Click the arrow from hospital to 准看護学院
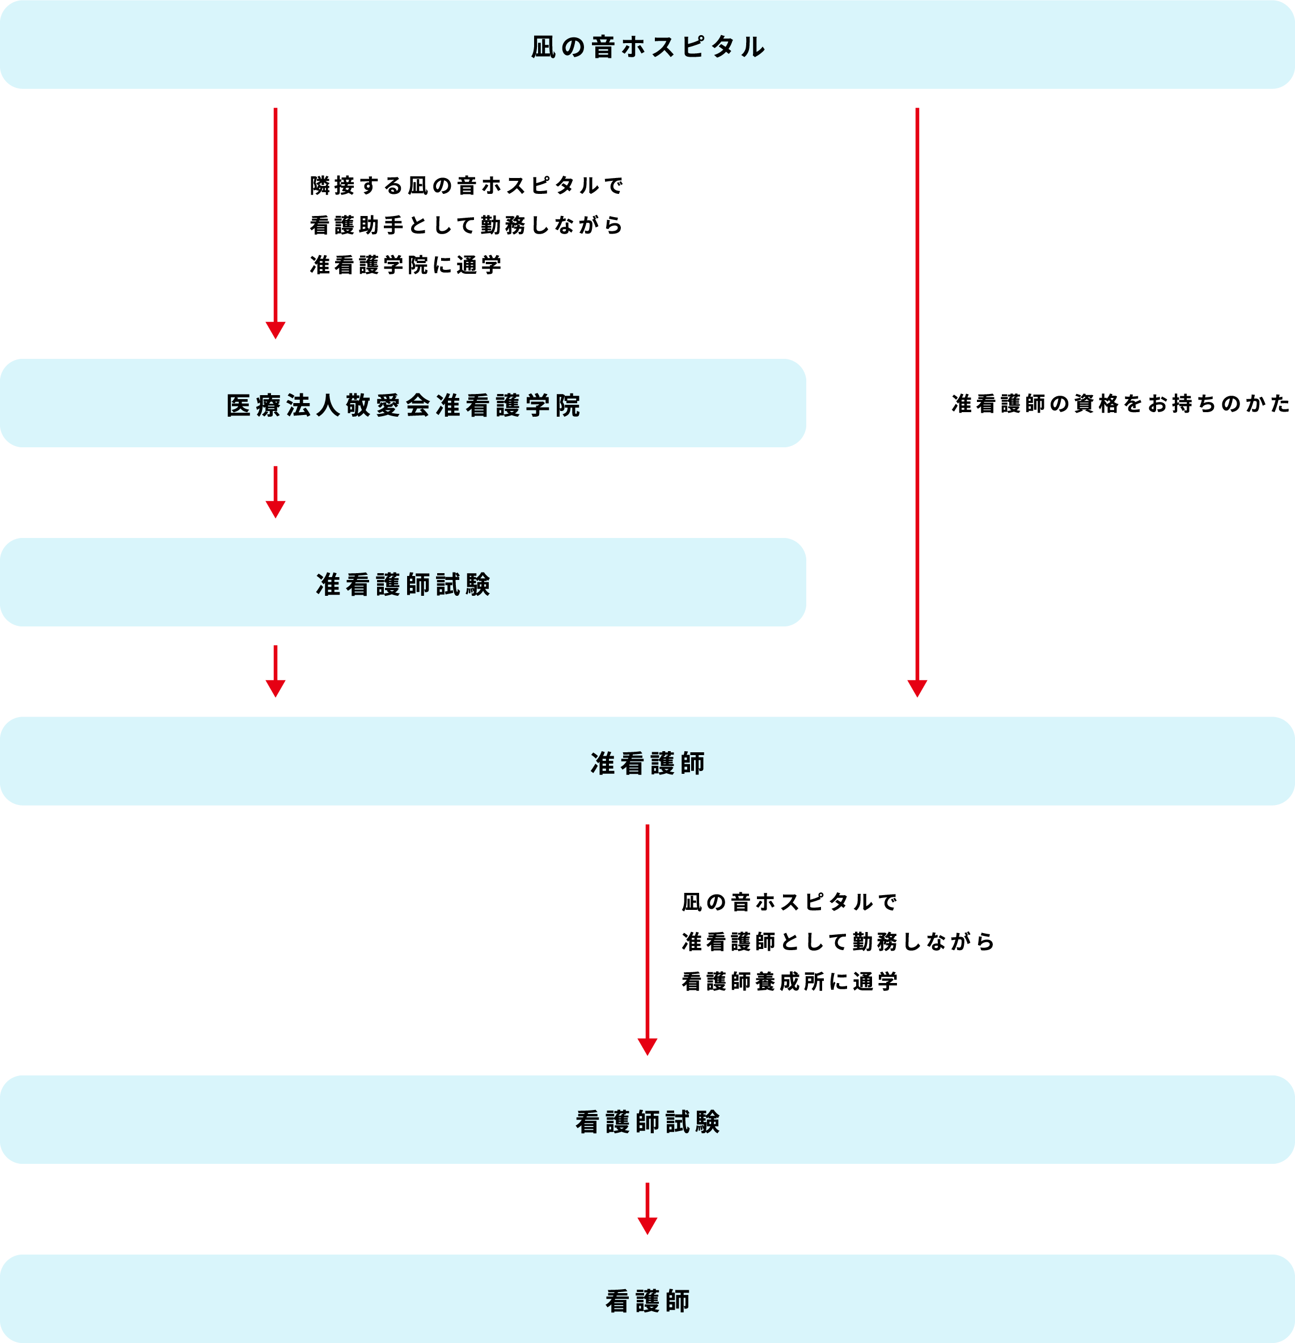276,219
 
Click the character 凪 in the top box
543,47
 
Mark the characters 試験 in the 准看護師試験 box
463,585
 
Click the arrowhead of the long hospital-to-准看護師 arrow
917,688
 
